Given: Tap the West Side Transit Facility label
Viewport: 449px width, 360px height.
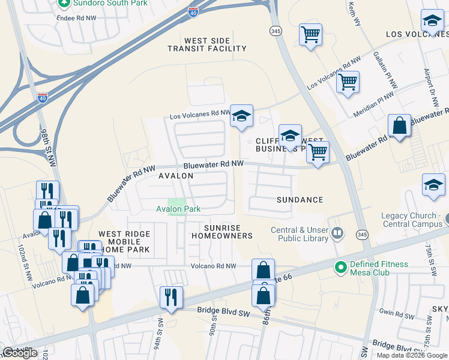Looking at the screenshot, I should [206, 45].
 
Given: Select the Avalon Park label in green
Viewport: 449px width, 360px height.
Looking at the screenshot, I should [178, 209].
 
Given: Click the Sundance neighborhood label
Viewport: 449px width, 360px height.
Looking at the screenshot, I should [300, 200].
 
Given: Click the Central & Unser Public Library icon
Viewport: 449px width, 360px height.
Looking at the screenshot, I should [337, 232].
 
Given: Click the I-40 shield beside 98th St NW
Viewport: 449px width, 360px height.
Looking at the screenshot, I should [43, 98].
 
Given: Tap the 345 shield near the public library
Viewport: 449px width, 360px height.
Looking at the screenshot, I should [361, 233].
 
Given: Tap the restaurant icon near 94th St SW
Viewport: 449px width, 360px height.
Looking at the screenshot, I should [171, 297].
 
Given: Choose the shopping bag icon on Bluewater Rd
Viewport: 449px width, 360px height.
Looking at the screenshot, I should [400, 125].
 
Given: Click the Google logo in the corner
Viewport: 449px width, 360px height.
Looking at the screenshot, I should [20, 353].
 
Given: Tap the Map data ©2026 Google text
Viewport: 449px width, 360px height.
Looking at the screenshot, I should [411, 355].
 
